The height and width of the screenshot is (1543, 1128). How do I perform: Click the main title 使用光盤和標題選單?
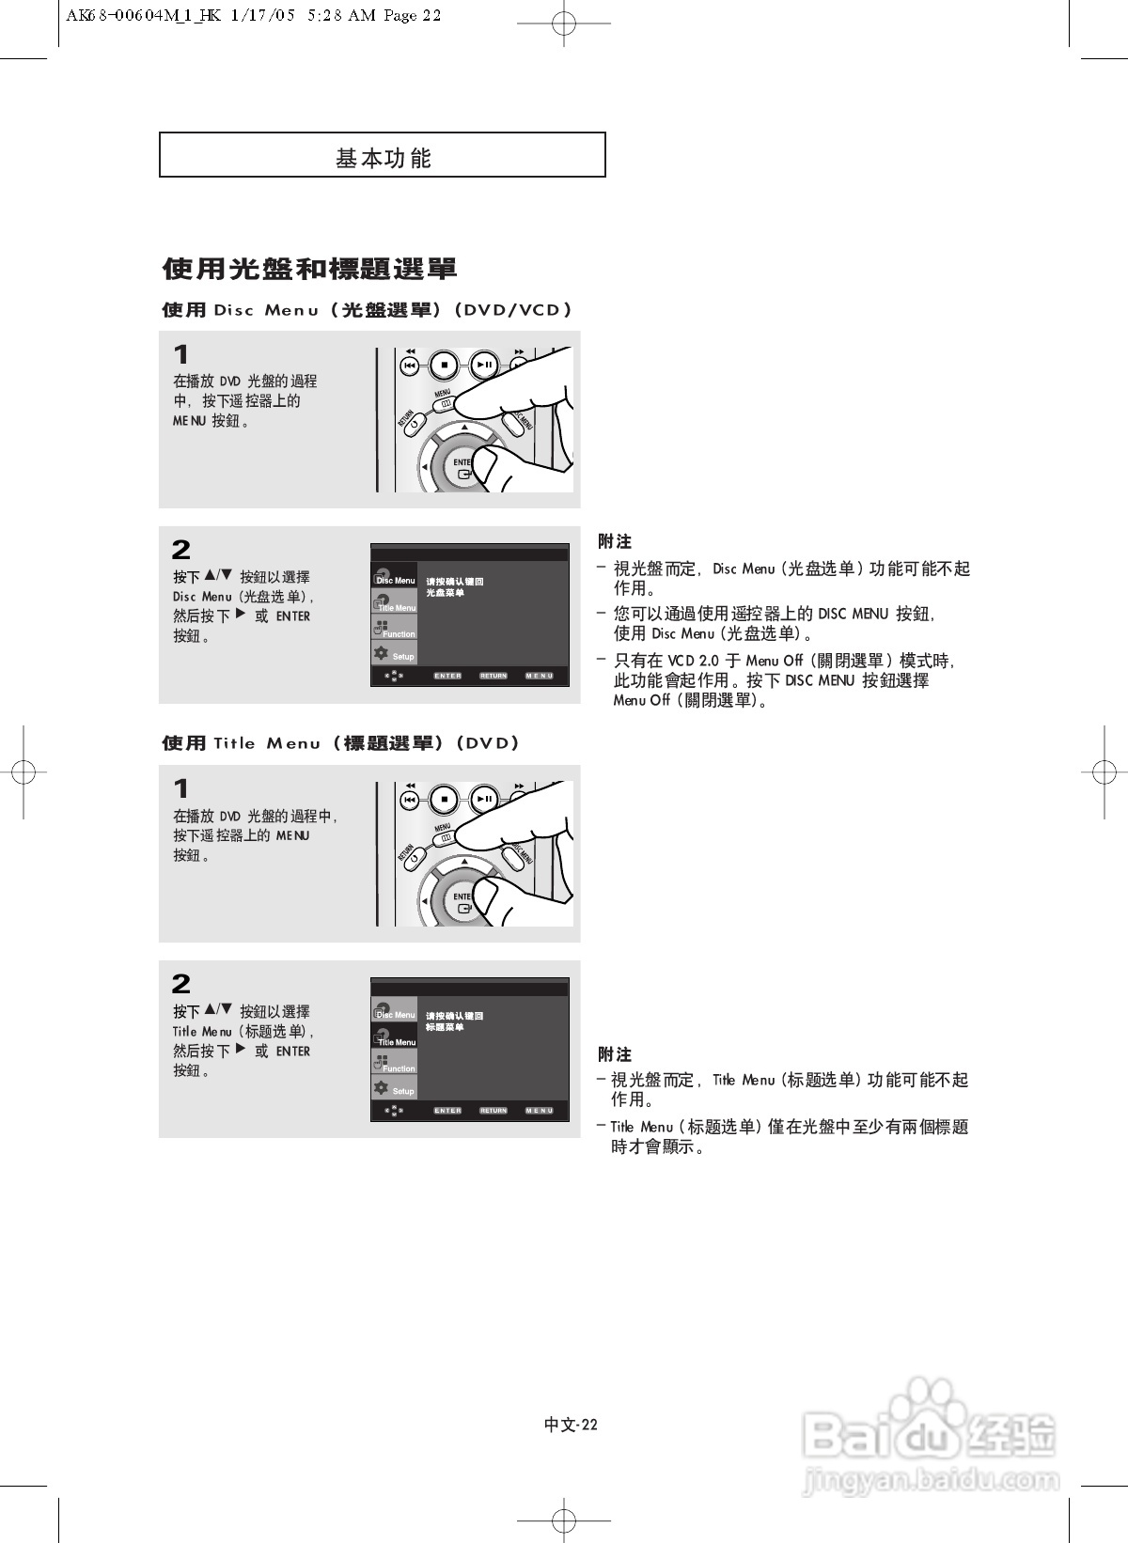click(x=309, y=270)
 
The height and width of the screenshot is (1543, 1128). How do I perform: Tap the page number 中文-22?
click(x=571, y=1425)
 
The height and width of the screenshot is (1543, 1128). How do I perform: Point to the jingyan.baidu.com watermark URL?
click(x=931, y=1481)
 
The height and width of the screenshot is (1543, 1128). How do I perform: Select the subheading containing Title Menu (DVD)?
click(x=340, y=743)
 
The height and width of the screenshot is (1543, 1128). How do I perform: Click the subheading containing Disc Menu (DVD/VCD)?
click(x=367, y=310)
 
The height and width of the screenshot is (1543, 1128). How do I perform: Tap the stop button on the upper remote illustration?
click(x=444, y=365)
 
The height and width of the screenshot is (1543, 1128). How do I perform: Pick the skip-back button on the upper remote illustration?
click(x=410, y=365)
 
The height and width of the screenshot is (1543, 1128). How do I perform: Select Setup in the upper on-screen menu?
click(x=395, y=655)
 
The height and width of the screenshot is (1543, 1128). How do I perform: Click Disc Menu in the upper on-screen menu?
click(x=395, y=579)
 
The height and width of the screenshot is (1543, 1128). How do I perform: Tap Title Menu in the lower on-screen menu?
click(x=395, y=1039)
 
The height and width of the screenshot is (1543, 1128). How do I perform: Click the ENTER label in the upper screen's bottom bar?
click(x=447, y=676)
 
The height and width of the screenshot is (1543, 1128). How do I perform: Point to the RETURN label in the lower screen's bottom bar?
click(x=493, y=1111)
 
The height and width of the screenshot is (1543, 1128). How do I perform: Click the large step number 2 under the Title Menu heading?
click(x=181, y=984)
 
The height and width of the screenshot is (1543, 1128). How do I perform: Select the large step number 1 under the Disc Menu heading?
click(x=181, y=355)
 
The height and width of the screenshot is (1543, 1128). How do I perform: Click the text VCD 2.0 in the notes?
click(x=693, y=662)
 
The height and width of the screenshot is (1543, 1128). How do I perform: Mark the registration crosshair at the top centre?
click(x=563, y=25)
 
